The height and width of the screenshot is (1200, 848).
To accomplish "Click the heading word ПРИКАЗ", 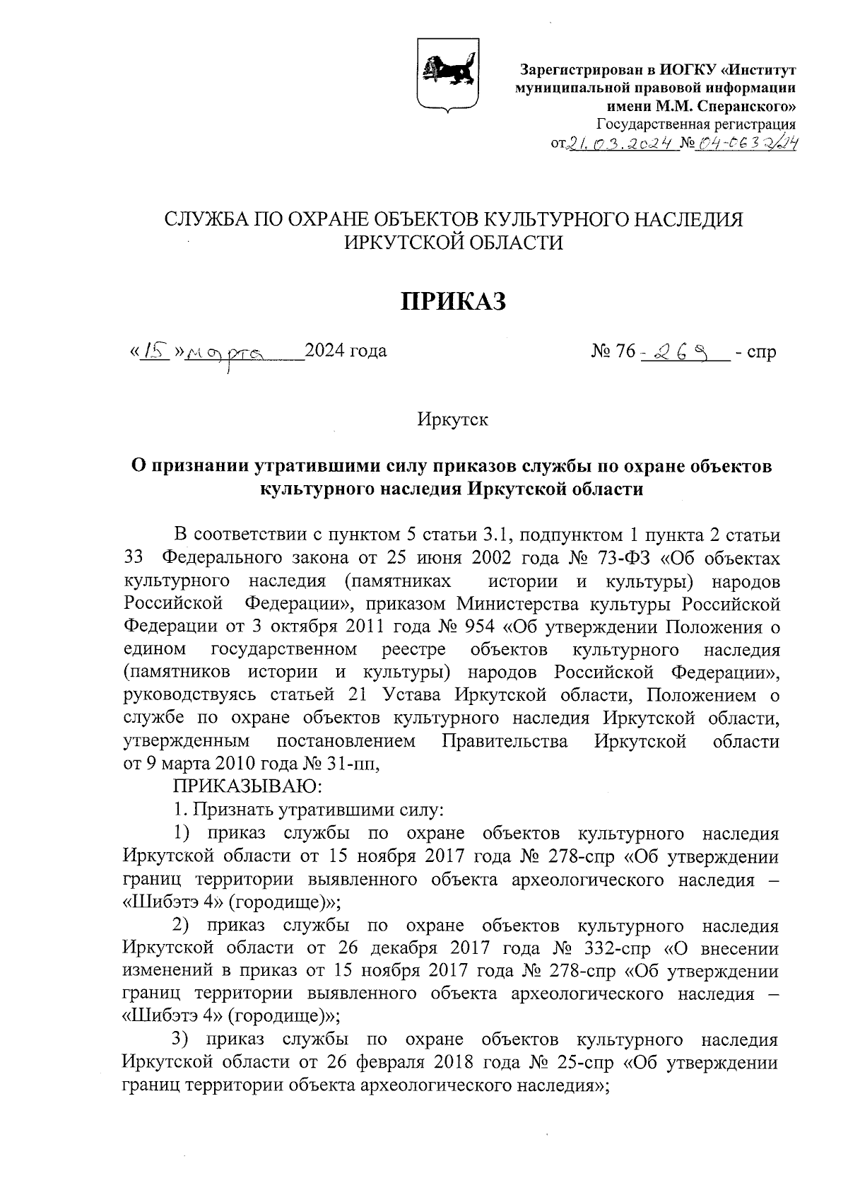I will point(454,302).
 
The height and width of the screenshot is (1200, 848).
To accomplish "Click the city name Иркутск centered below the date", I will point(453,419).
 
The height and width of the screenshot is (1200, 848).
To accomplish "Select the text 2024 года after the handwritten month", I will point(346,350).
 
